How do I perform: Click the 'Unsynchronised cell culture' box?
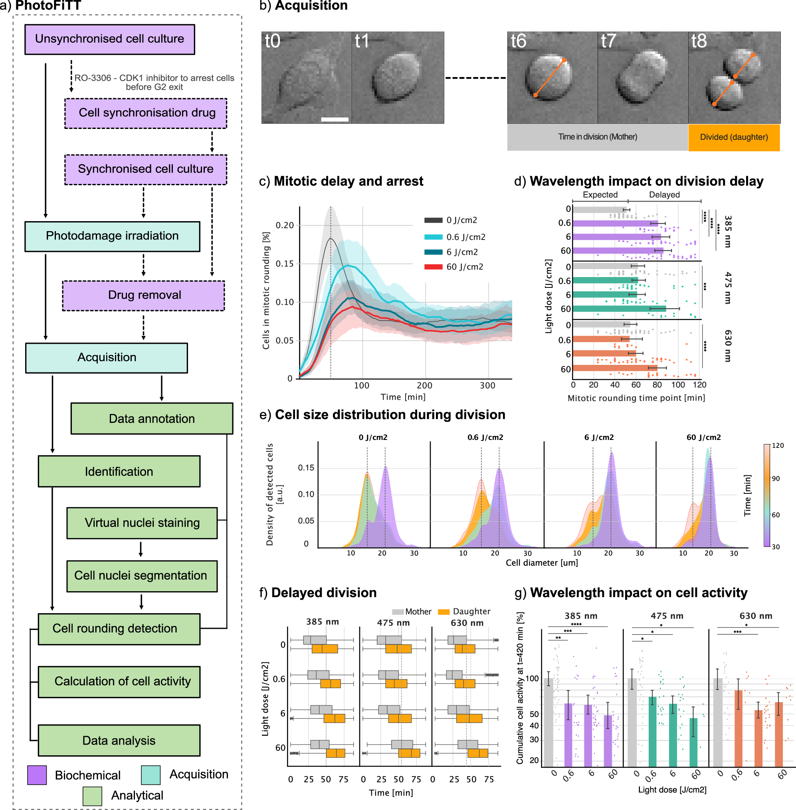coord(109,39)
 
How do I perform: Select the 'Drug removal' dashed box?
coord(143,295)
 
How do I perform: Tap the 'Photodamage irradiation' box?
coord(112,236)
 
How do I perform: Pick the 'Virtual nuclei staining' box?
coord(142,523)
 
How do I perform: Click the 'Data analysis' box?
coord(119,740)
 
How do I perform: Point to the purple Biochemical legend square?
coord(37,775)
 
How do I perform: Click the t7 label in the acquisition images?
coord(608,41)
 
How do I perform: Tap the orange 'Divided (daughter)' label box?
coord(734,137)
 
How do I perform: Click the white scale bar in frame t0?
coord(335,120)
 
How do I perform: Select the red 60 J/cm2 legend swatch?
coord(433,267)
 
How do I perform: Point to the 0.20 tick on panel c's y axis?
coord(285,226)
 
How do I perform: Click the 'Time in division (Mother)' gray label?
coord(598,137)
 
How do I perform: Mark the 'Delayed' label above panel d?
coord(664,194)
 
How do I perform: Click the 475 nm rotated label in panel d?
coord(728,288)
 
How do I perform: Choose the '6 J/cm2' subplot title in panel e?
coord(599,438)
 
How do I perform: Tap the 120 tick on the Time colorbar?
coord(777,446)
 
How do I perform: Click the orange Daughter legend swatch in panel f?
coord(444,612)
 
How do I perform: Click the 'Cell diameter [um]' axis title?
coord(541,563)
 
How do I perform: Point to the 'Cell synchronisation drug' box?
coord(146,113)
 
